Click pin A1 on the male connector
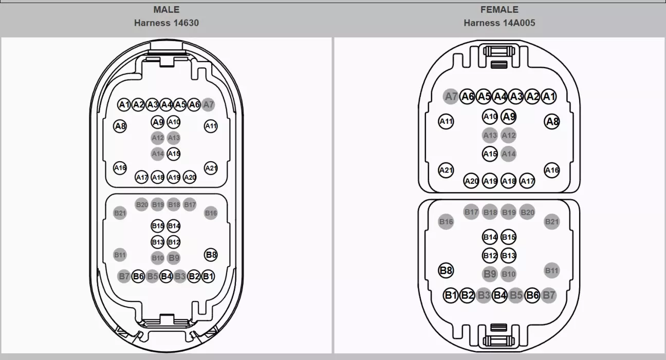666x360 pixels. (124, 105)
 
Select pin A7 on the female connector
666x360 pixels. (451, 97)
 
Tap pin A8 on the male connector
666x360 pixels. (120, 126)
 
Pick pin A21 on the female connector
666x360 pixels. (446, 170)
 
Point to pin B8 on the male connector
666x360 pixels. (211, 255)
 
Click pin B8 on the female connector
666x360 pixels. (446, 270)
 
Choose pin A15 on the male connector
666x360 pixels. (174, 154)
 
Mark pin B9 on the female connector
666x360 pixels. (490, 274)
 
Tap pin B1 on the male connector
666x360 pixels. (208, 276)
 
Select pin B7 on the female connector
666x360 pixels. (549, 295)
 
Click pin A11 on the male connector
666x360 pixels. (211, 126)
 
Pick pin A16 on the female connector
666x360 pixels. (551, 170)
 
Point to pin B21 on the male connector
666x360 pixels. (120, 213)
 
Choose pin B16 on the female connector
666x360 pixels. (446, 222)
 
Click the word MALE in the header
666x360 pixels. (166, 10)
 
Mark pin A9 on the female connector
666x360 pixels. (509, 117)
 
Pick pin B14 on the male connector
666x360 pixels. (174, 226)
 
